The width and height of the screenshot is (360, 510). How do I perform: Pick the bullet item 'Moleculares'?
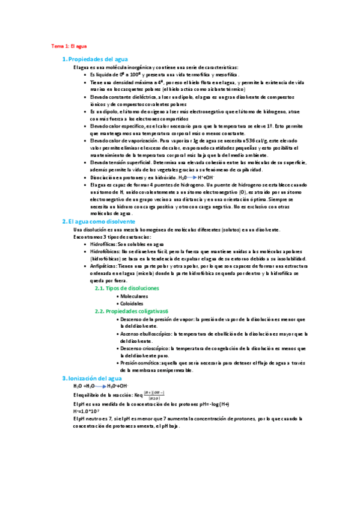coord(134,296)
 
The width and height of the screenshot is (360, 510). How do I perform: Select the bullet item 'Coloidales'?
coord(133,304)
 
